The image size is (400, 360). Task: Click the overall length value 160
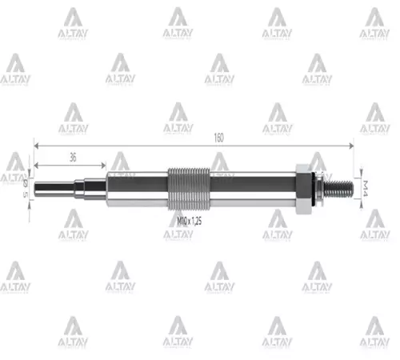[x=218, y=138]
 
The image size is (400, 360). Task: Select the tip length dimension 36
[x=73, y=158]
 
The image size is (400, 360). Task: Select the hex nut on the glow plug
[x=303, y=189]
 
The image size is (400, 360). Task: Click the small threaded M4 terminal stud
[x=338, y=189]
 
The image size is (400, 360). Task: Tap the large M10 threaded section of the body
[x=189, y=189]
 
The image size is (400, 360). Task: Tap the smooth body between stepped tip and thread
[x=136, y=189]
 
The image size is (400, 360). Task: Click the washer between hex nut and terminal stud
[x=315, y=189]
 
